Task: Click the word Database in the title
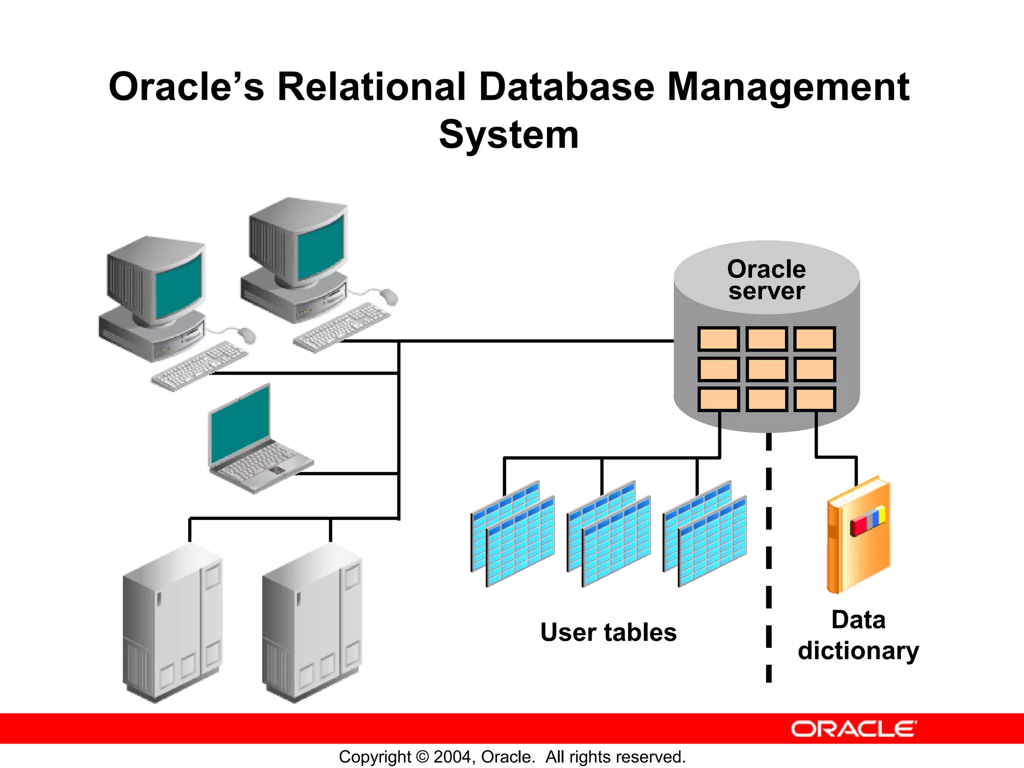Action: point(566,87)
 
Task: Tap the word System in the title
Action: point(509,135)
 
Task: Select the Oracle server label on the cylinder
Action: point(766,280)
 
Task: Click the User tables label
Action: point(608,632)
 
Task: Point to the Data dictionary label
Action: point(858,635)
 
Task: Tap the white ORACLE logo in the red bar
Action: point(854,729)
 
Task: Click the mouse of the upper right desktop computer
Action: point(388,296)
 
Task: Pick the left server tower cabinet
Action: point(172,622)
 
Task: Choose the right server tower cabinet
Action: point(312,622)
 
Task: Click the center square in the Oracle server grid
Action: point(766,369)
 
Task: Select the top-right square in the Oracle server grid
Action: point(814,339)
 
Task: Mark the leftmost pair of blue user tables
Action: point(513,534)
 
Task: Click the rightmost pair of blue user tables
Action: point(705,534)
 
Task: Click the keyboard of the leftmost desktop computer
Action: point(200,365)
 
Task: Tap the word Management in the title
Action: point(788,87)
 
